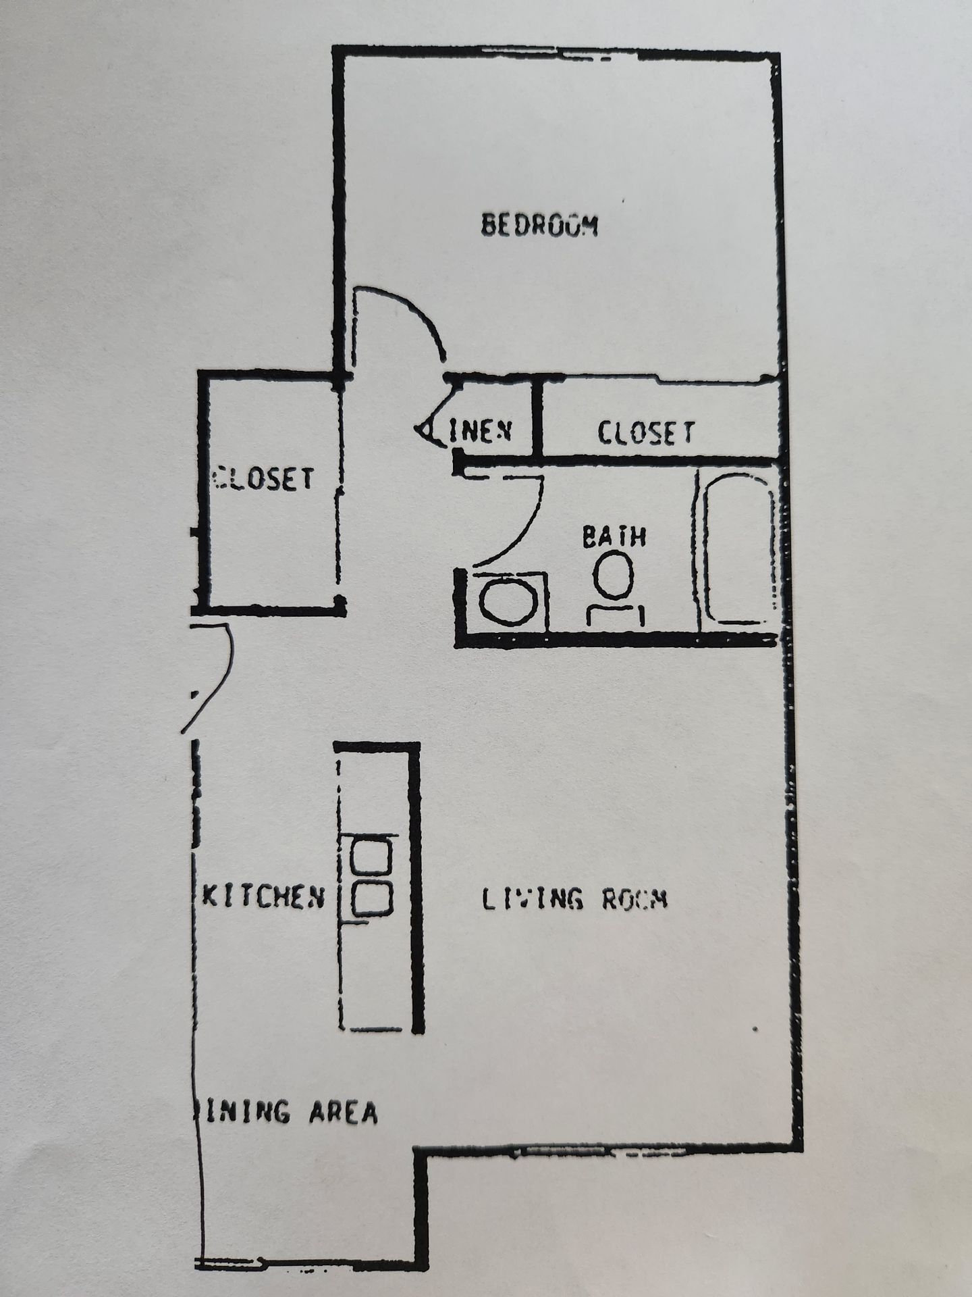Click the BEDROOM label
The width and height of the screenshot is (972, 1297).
pos(539,226)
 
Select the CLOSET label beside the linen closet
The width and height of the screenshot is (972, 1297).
pos(645,432)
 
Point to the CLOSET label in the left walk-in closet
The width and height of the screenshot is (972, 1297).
pos(264,478)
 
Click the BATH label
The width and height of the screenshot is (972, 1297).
pos(614,537)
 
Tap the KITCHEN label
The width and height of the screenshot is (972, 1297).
pos(264,897)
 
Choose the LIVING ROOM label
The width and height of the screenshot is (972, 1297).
pos(575,899)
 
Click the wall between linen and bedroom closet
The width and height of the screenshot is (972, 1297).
pos(537,416)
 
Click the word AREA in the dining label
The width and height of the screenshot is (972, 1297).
pos(343,1112)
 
